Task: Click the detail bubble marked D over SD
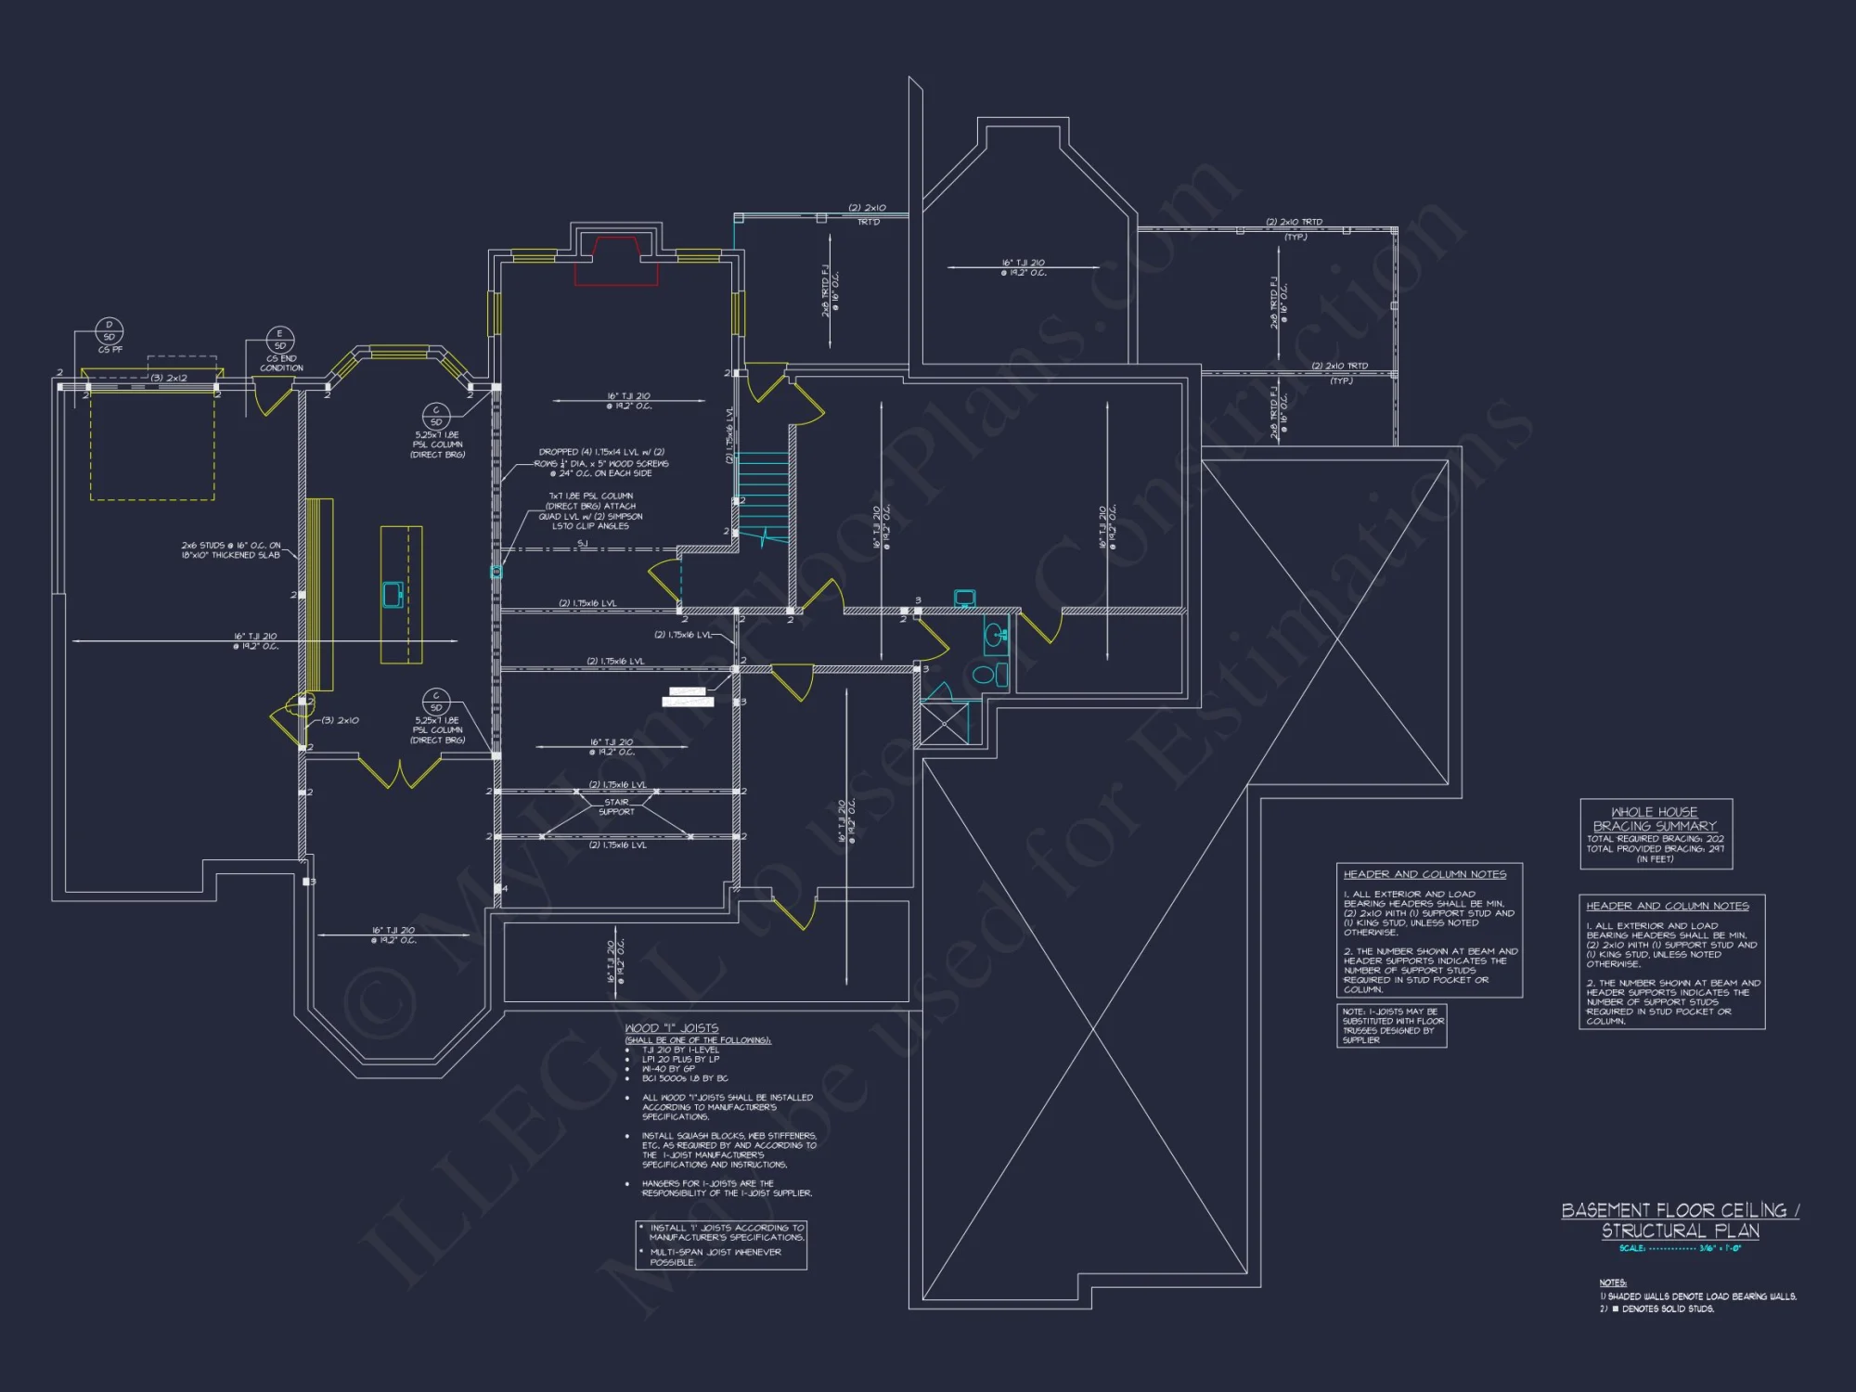click(x=110, y=330)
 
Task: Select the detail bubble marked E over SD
click(x=280, y=340)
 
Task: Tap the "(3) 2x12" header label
click(x=169, y=379)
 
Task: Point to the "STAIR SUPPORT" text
click(x=616, y=806)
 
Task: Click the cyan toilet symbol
click(x=984, y=675)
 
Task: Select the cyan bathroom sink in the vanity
click(x=994, y=636)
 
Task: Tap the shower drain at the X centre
click(x=945, y=722)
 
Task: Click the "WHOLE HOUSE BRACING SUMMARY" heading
click(x=1655, y=818)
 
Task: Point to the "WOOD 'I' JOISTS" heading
click(x=672, y=1028)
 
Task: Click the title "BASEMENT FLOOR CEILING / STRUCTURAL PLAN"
click(x=1680, y=1220)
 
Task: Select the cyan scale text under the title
click(x=1680, y=1248)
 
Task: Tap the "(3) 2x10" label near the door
click(x=341, y=720)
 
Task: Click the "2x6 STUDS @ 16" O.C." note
click(x=231, y=550)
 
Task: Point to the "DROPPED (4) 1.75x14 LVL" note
click(x=601, y=452)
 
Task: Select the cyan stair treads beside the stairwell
click(x=763, y=487)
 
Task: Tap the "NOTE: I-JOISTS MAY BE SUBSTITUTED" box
click(x=1391, y=1025)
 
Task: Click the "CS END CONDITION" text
click(x=281, y=363)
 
